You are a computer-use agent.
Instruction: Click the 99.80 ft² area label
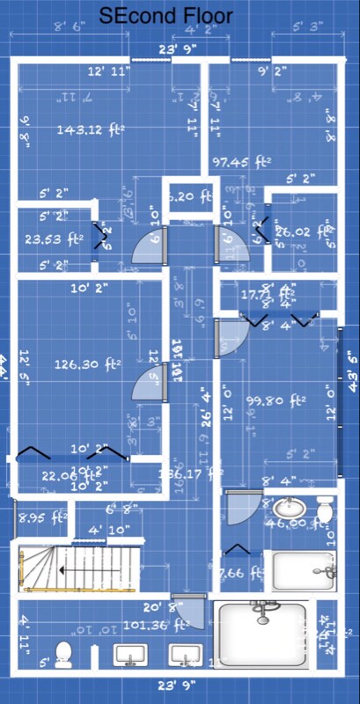pyautogui.click(x=276, y=400)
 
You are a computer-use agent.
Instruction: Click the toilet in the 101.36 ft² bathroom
pyautogui.click(x=62, y=654)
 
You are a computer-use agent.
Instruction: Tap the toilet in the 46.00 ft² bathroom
pyautogui.click(x=325, y=510)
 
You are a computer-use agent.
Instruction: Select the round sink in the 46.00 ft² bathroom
pyautogui.click(x=286, y=508)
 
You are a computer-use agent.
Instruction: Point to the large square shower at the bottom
pyautogui.click(x=261, y=637)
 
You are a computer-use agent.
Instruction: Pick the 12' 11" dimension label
pyautogui.click(x=109, y=70)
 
